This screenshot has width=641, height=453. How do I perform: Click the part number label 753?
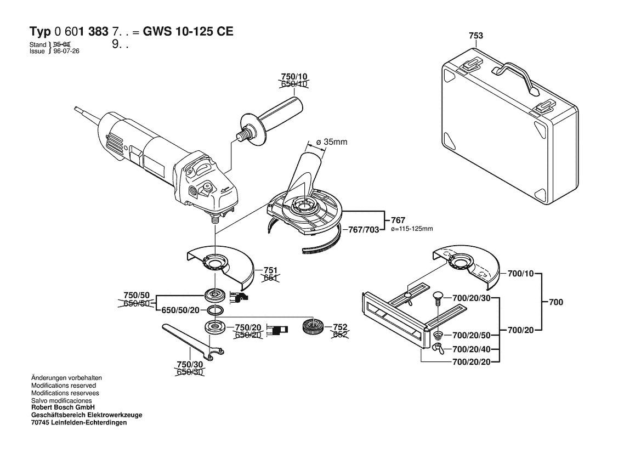[x=476, y=36]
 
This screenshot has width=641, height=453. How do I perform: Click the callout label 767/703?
[x=364, y=230]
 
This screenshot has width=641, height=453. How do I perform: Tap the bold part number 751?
[x=270, y=270]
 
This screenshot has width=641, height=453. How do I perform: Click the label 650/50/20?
[x=181, y=310]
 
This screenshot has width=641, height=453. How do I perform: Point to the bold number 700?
[x=555, y=302]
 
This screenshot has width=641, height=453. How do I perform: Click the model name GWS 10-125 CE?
[x=188, y=31]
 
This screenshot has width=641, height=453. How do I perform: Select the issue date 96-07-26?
[x=65, y=51]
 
